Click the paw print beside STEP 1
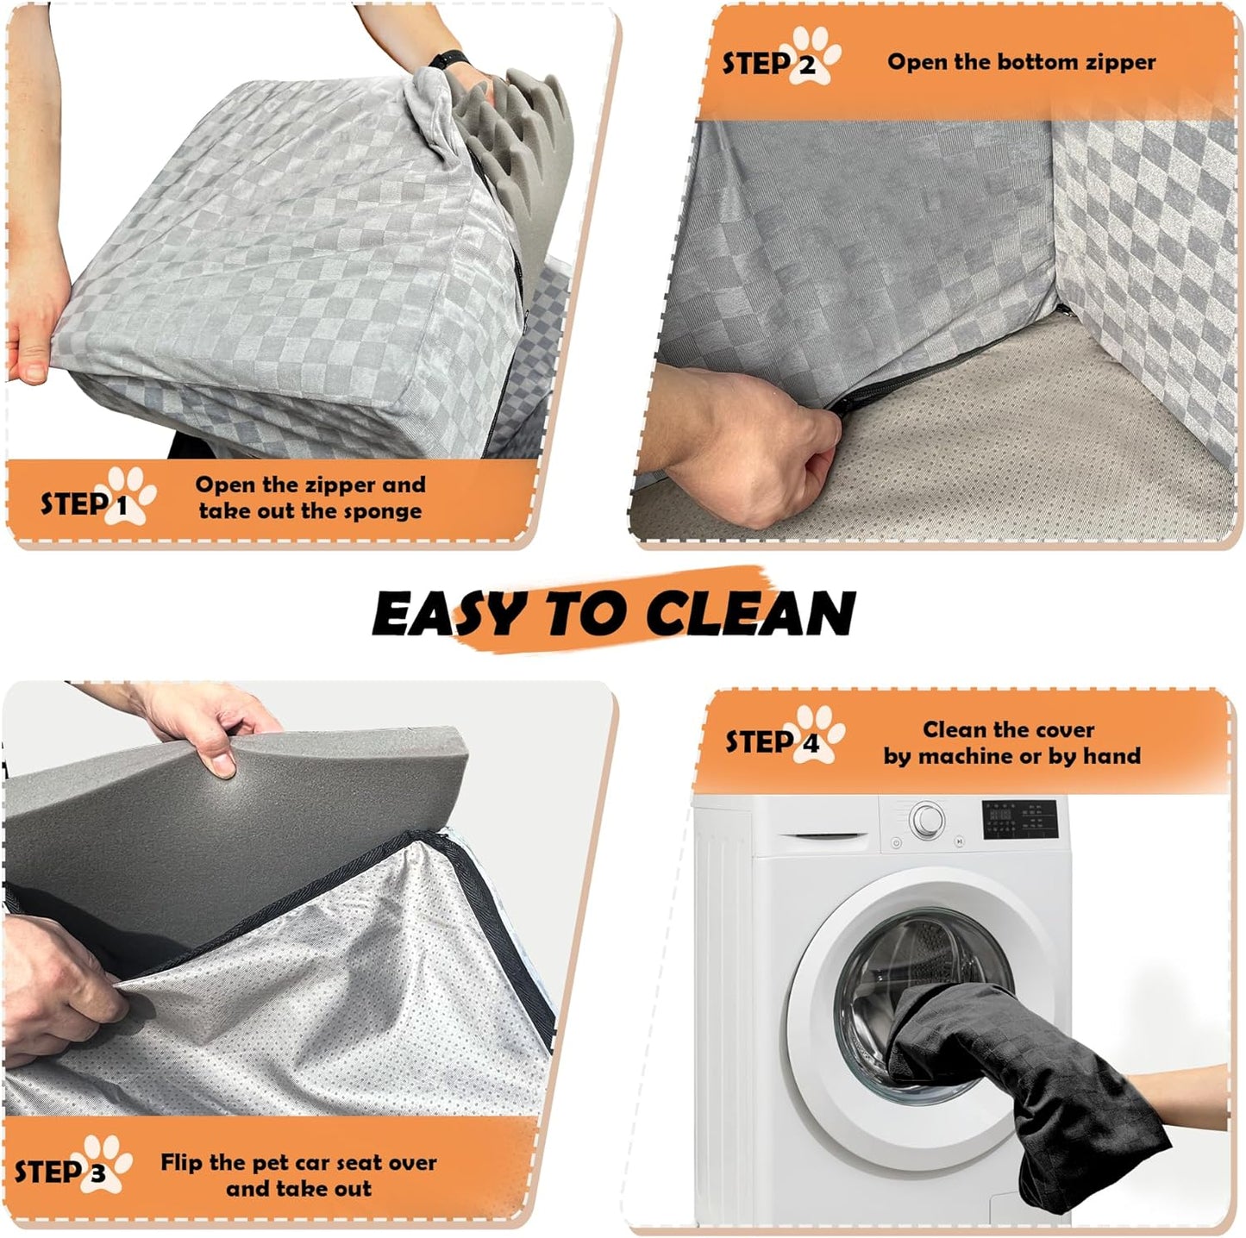(x=130, y=495)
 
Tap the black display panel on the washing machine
(x=1020, y=819)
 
